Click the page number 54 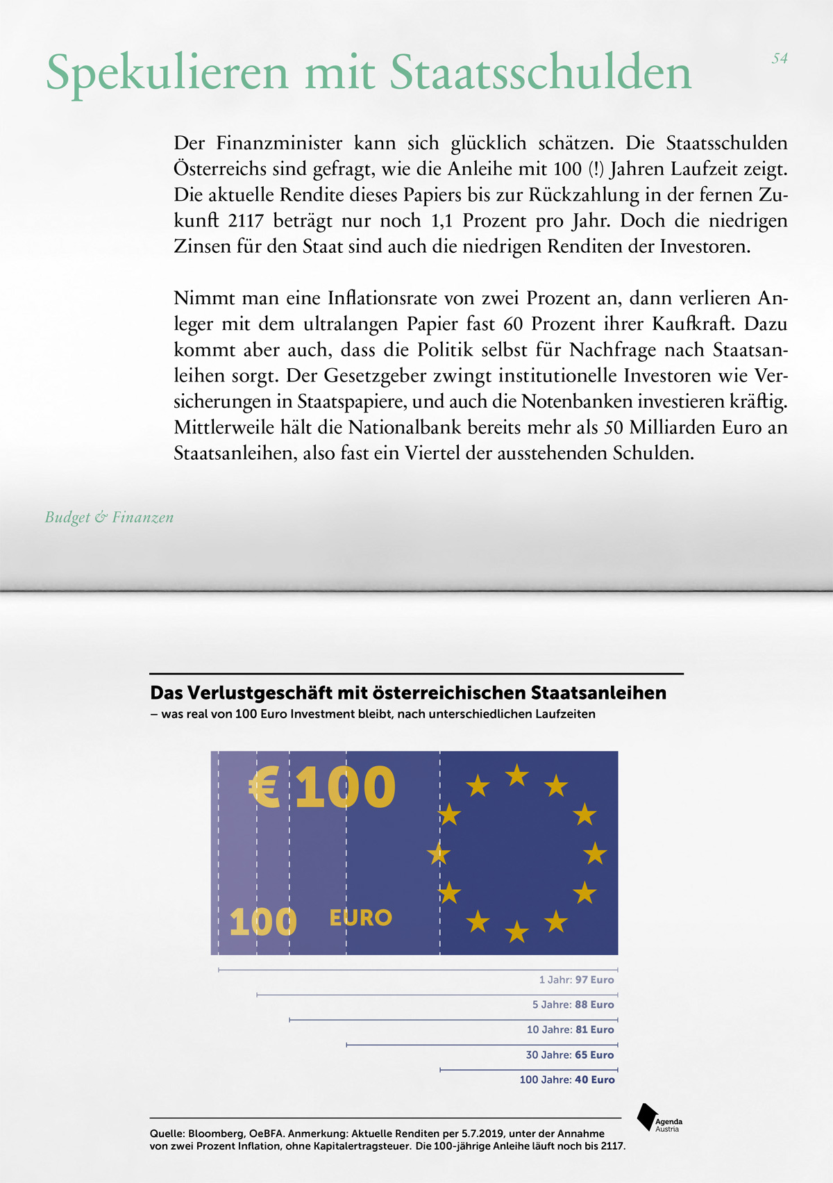(x=780, y=59)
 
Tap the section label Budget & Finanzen (x=109, y=518)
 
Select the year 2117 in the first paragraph (x=246, y=221)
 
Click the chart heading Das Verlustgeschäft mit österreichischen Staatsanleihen (x=408, y=693)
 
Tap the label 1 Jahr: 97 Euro (x=576, y=980)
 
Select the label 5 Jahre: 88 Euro (x=573, y=1005)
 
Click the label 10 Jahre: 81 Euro (x=570, y=1030)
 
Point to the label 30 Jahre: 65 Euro (x=569, y=1055)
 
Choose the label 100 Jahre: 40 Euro (x=566, y=1080)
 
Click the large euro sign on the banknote (x=264, y=788)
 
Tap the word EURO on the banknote (x=360, y=918)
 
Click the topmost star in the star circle (x=516, y=775)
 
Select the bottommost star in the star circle (x=516, y=932)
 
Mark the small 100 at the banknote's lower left (x=262, y=923)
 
